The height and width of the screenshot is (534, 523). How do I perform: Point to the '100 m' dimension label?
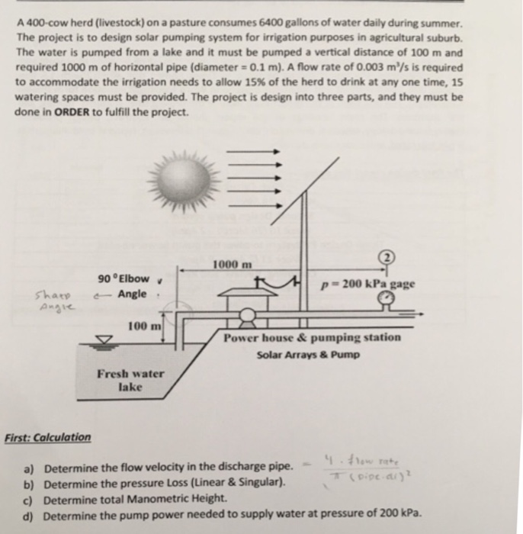click(144, 326)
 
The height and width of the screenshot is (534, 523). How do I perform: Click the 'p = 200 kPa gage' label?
click(369, 283)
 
